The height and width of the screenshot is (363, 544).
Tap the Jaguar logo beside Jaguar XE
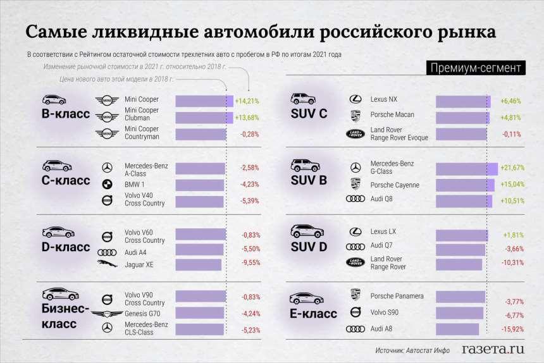(107, 264)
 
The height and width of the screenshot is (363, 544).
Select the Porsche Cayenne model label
(395, 185)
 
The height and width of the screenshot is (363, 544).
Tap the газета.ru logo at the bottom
(493, 348)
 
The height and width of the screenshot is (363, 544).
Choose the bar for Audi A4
(199, 250)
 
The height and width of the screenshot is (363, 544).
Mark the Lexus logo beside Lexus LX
(355, 233)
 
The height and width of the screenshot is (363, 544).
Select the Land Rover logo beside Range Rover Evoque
(355, 133)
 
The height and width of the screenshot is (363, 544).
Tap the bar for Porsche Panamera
(460, 297)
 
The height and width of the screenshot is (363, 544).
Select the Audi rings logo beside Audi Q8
(355, 199)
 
